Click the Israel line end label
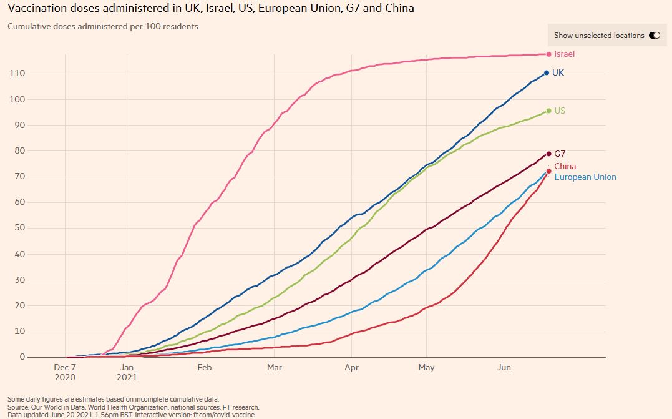coord(564,54)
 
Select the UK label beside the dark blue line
coord(558,73)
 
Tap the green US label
coord(560,111)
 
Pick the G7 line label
coord(560,154)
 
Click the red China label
coord(565,167)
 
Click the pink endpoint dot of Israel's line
coord(548,54)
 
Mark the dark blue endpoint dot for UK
coord(547,73)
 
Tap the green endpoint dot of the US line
coord(548,111)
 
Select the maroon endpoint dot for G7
coord(548,154)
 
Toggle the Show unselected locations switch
coord(655,36)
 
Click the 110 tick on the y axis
coord(17,74)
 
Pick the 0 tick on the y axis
coord(22,357)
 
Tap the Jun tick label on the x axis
coord(504,368)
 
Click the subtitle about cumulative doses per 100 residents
coord(103,27)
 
